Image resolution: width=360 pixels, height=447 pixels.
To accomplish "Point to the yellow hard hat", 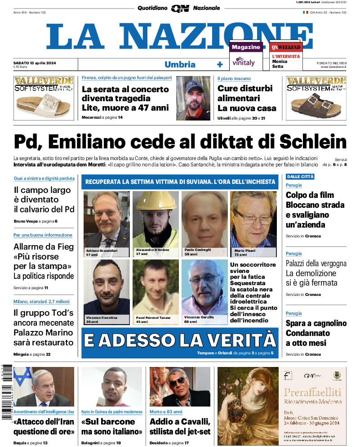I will click(x=155, y=202).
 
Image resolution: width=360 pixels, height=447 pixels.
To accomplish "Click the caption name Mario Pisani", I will click(x=244, y=250).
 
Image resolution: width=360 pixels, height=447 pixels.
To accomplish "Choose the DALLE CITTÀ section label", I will click(x=300, y=176).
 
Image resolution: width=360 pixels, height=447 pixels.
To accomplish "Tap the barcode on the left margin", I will click(x=6, y=391).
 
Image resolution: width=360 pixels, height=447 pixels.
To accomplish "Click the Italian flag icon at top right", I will click(x=305, y=12).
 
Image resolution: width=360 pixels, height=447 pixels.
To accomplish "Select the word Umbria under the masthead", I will click(x=180, y=64).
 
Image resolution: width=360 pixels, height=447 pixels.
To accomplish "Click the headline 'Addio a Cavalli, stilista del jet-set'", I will click(x=180, y=426).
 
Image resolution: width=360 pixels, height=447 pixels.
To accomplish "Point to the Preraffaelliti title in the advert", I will click(x=312, y=391).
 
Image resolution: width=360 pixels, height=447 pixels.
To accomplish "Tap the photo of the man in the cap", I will click(x=193, y=98).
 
